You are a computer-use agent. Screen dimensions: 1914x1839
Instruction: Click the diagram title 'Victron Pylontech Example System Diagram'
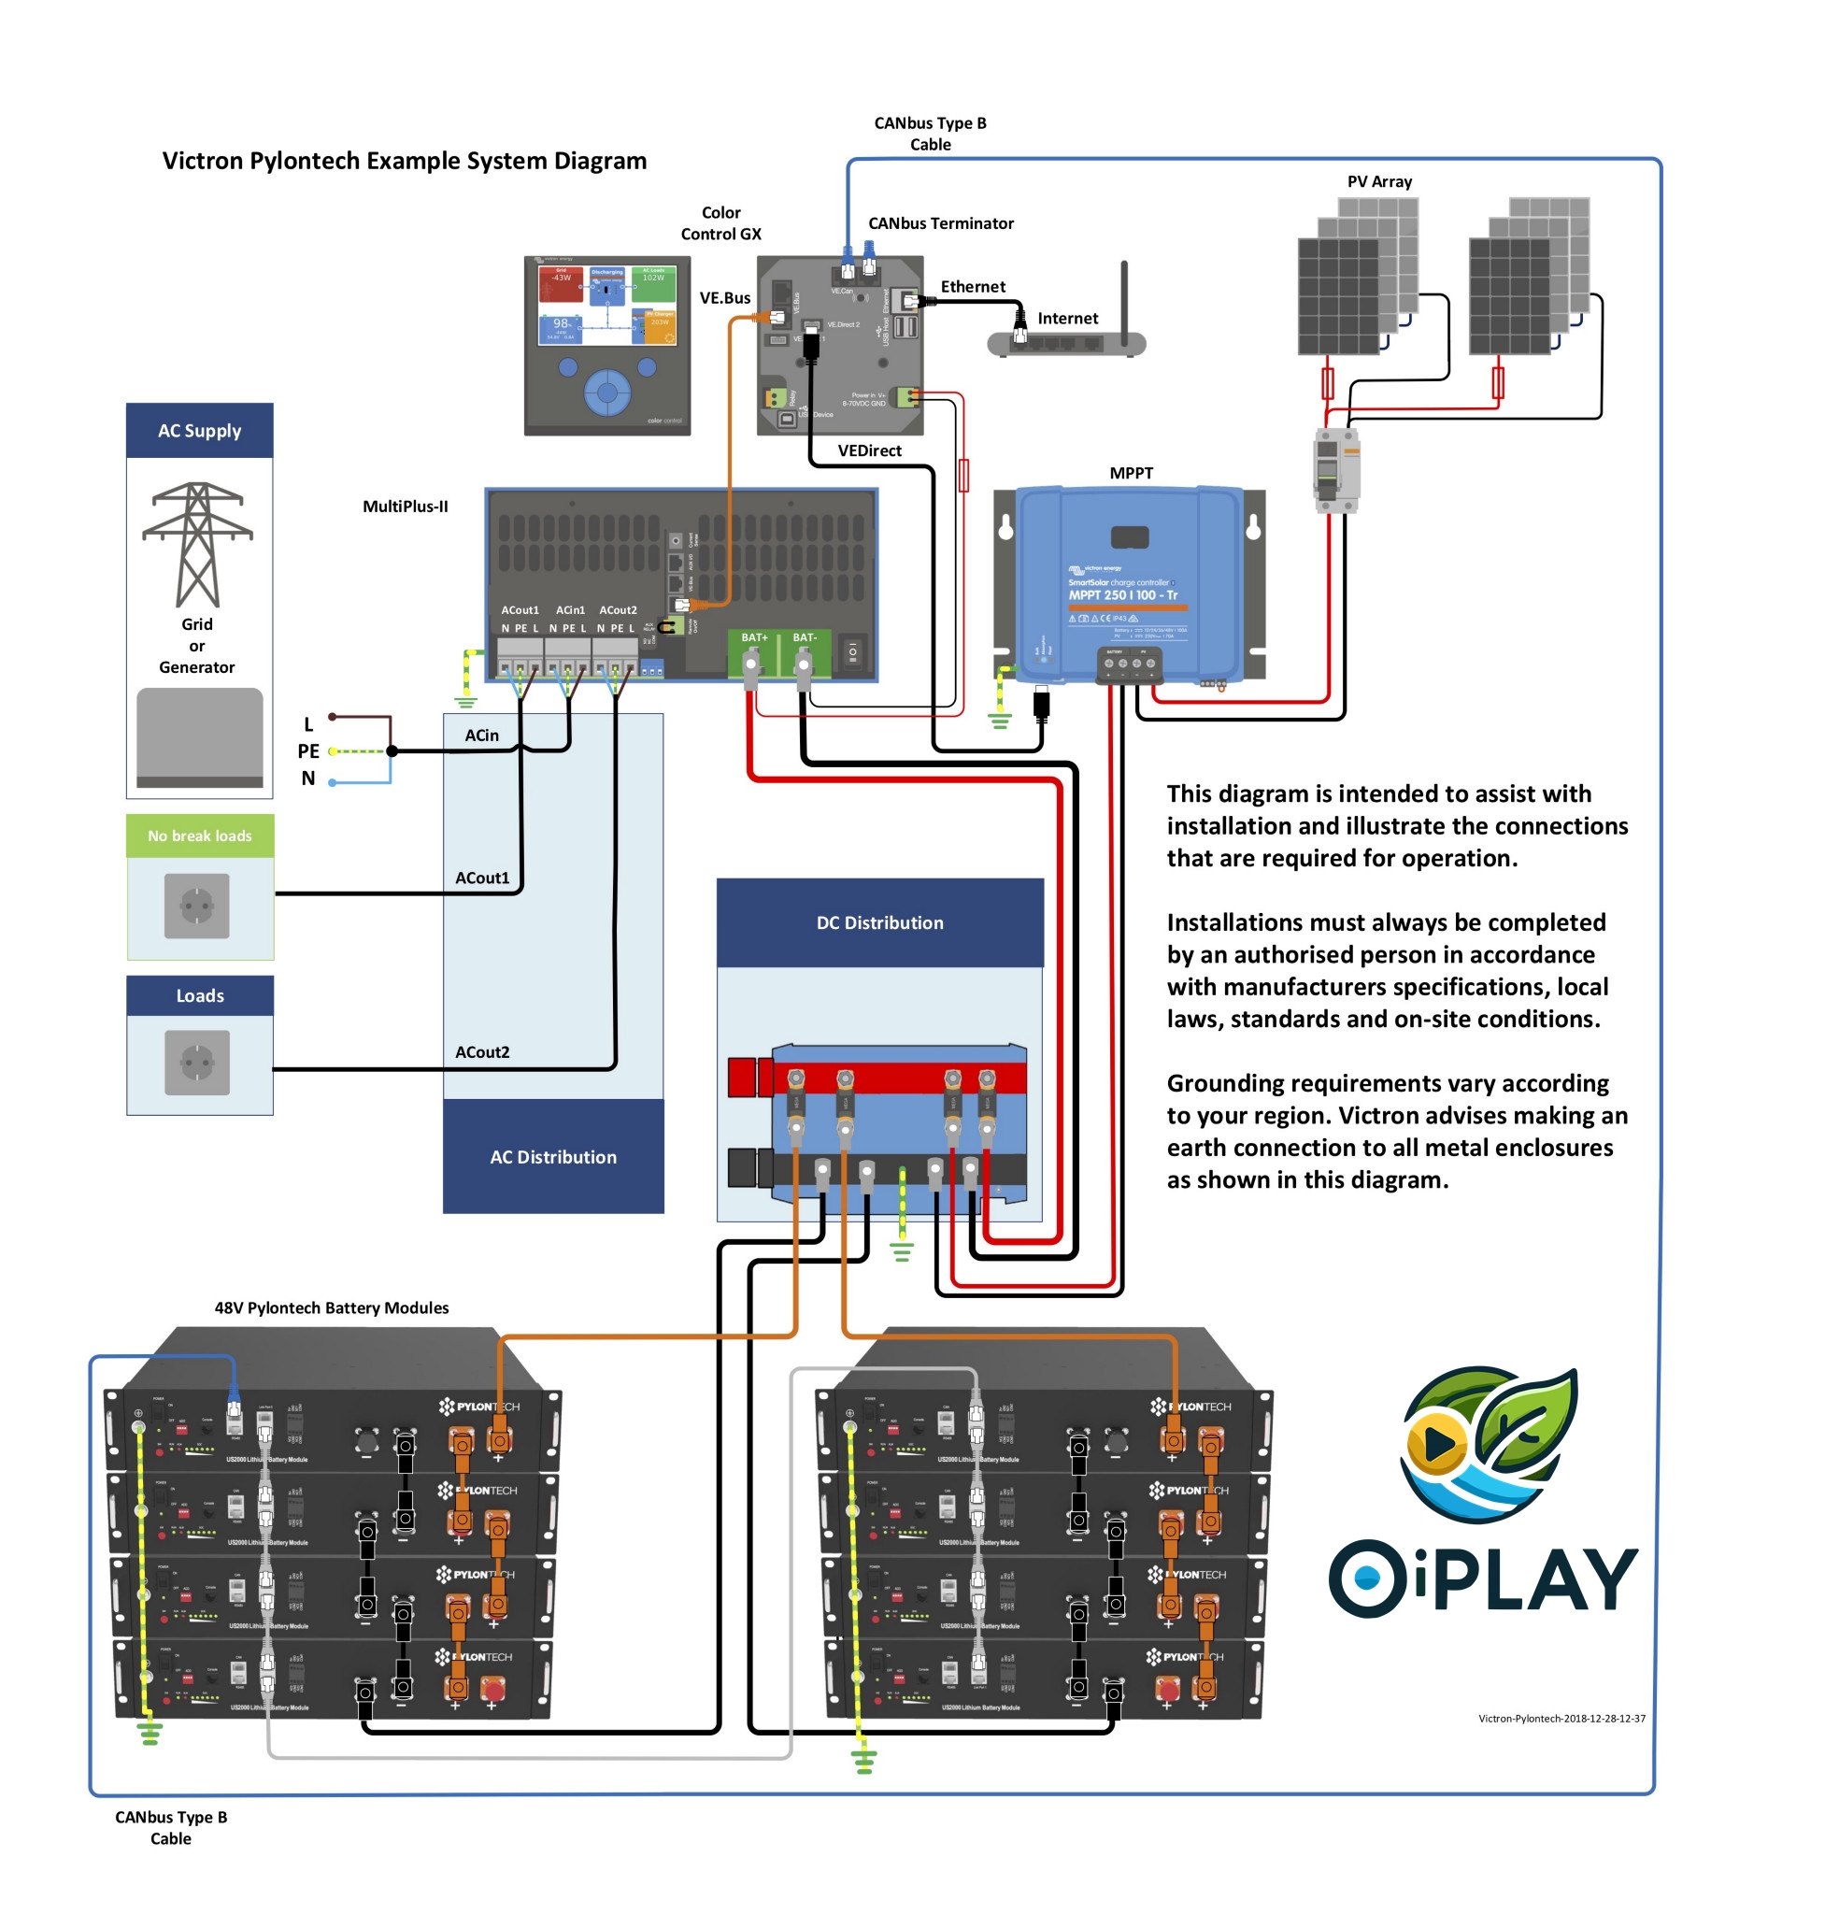click(405, 161)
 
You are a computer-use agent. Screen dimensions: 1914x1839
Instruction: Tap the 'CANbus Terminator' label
click(940, 223)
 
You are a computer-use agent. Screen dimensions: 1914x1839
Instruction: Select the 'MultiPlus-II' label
click(406, 506)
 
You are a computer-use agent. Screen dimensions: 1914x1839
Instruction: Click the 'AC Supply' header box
click(199, 431)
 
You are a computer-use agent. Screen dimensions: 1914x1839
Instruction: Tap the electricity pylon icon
click(197, 544)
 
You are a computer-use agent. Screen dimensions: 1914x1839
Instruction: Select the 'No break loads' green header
click(199, 836)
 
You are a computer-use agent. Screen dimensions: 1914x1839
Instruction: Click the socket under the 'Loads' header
click(197, 1063)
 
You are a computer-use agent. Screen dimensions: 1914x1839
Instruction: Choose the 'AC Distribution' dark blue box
click(553, 1157)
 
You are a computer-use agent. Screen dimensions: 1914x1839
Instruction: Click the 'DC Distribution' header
click(879, 922)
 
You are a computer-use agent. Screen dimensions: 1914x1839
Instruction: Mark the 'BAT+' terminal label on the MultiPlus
click(754, 637)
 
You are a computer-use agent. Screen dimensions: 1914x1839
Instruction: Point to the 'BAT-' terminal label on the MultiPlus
click(805, 637)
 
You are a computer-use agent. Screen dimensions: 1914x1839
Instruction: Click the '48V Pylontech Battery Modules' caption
click(331, 1307)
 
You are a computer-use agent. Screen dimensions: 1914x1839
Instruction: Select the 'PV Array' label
click(1379, 181)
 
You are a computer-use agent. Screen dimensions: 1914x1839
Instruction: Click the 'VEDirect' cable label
click(869, 450)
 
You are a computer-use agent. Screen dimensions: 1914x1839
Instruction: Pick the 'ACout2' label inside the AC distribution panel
click(482, 1051)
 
